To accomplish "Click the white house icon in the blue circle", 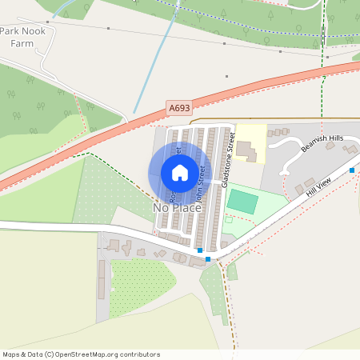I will pos(180,172).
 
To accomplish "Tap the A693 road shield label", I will pos(178,106).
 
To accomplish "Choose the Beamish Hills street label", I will pos(322,144).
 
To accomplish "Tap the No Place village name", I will pos(177,208).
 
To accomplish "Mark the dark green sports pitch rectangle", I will pos(242,202).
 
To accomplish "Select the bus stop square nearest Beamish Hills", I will pos(352,170).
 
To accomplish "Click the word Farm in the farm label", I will pos(22,43).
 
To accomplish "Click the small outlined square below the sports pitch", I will pos(228,219).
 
